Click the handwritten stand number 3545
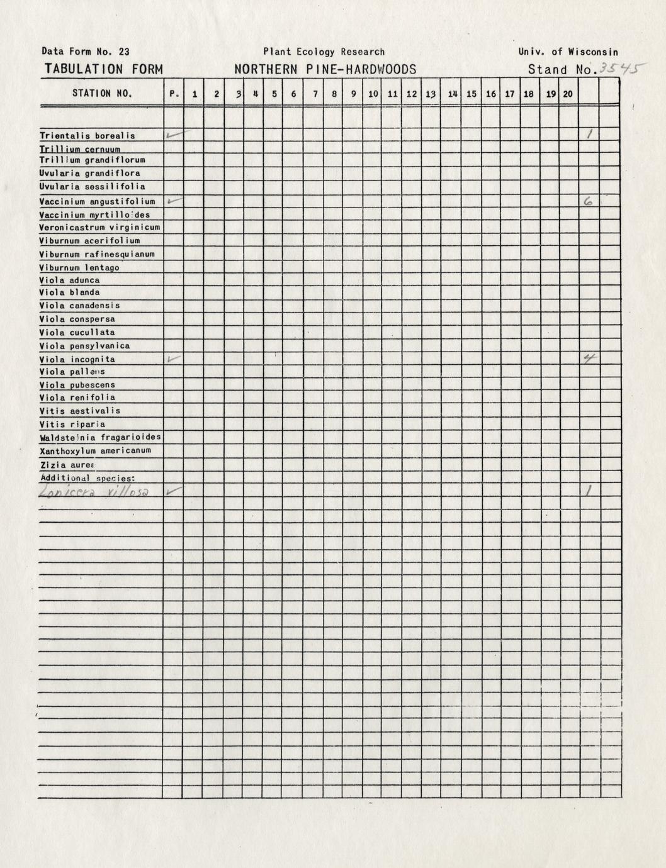point(619,69)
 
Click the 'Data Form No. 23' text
point(86,52)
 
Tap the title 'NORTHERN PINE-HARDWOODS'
point(325,70)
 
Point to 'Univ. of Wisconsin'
point(568,52)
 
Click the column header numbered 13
point(431,94)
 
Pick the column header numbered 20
point(568,94)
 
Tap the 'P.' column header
point(174,94)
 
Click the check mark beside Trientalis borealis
point(174,135)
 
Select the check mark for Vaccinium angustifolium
point(174,201)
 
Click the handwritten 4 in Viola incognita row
point(589,359)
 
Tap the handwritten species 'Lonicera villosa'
point(94,493)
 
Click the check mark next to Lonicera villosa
point(174,491)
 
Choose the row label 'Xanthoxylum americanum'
point(95,451)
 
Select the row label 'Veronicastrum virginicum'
point(99,227)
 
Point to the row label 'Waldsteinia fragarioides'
point(100,437)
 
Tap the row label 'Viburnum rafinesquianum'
point(97,254)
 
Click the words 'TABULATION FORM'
point(104,70)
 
